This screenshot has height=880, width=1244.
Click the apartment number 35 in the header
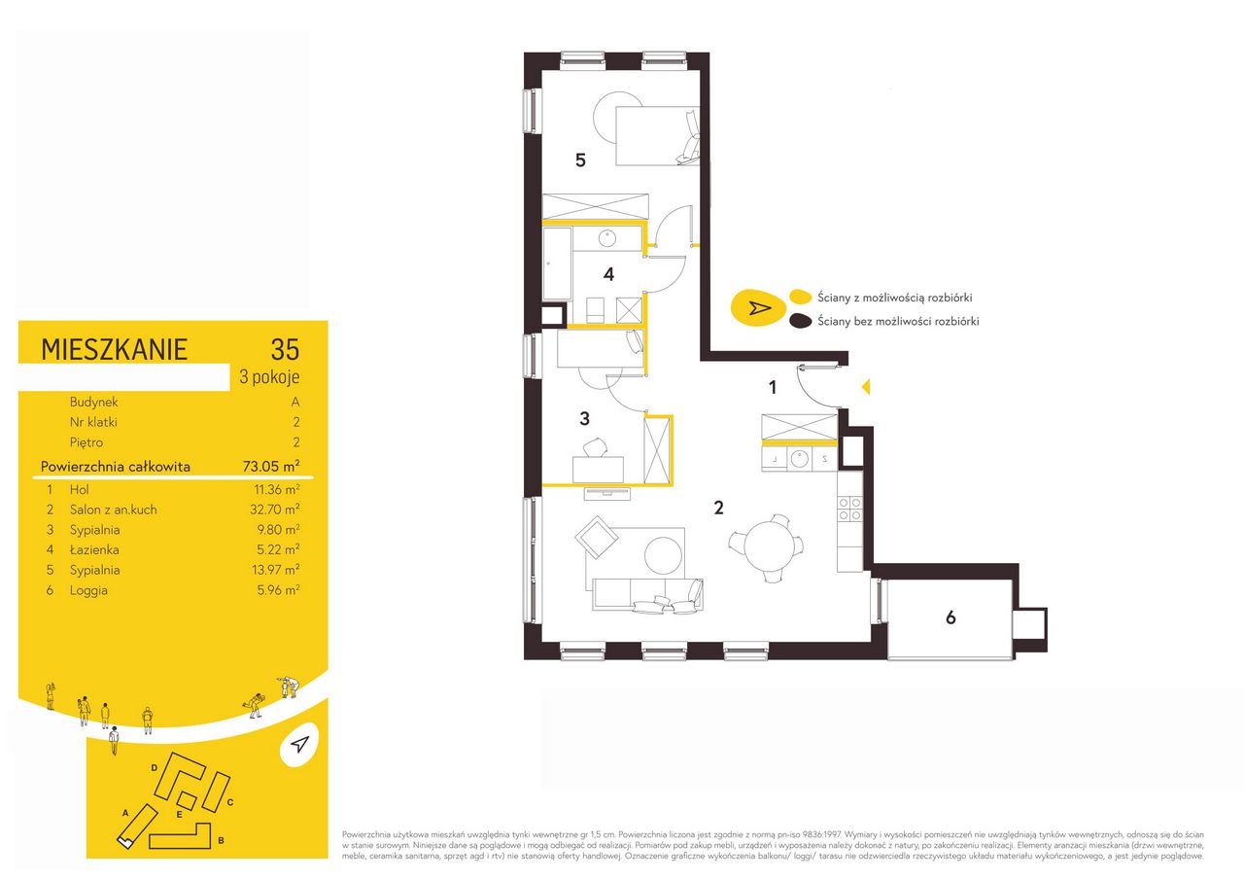[x=285, y=349]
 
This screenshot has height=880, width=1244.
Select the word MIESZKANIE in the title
[x=114, y=350]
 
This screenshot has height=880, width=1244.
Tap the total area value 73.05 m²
[x=271, y=466]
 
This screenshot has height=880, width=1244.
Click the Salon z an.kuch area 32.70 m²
[x=275, y=509]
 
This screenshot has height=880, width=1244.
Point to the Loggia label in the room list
[x=88, y=590]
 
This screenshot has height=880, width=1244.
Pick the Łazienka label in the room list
[x=94, y=549]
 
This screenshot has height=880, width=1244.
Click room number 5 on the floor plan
[x=580, y=160]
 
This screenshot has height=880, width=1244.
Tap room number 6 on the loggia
[x=950, y=617]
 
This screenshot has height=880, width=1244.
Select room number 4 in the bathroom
[x=608, y=274]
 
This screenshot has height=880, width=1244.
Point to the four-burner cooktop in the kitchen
[x=849, y=509]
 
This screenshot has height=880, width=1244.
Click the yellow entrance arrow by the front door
[x=866, y=387]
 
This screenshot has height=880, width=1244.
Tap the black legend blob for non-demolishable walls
[x=800, y=321]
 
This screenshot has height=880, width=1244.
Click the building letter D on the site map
[x=154, y=768]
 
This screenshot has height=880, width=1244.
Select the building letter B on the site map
[x=221, y=840]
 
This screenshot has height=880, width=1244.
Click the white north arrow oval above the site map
[x=299, y=745]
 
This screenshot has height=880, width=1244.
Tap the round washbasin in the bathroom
[x=607, y=239]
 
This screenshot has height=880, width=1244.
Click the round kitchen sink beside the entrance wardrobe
[x=800, y=459]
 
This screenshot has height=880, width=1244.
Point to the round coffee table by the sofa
[x=663, y=555]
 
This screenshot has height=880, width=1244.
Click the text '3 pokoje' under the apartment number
[x=269, y=377]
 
